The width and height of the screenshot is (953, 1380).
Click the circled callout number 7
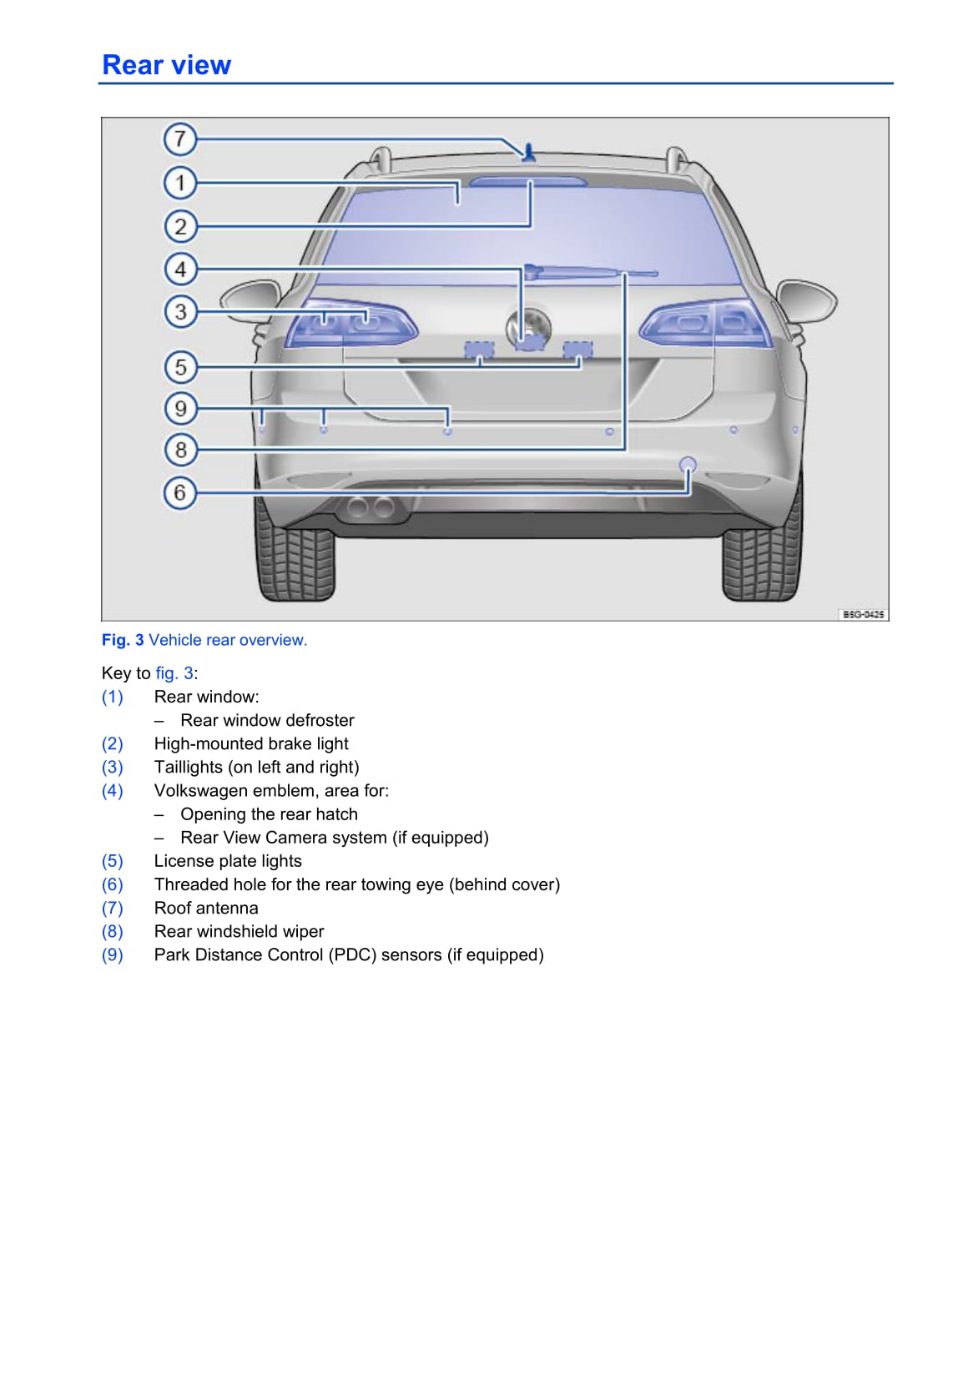[179, 139]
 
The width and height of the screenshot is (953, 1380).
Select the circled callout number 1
[179, 183]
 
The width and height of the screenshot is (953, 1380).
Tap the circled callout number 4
[179, 269]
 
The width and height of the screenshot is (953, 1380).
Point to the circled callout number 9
[179, 408]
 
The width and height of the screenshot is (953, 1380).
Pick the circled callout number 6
[179, 492]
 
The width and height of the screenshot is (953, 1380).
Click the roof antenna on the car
[527, 152]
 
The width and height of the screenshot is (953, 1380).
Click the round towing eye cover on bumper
[688, 465]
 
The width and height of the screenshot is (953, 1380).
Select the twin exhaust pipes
[370, 506]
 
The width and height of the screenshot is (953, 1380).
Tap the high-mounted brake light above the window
[527, 180]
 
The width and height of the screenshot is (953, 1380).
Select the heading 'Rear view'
[166, 65]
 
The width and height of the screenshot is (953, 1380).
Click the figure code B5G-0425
[862, 614]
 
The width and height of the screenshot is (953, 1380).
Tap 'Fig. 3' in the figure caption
[123, 640]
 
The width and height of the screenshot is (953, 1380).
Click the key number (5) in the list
[113, 861]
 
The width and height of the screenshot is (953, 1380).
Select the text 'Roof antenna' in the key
[206, 908]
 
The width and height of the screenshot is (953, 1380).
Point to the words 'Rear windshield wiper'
[239, 931]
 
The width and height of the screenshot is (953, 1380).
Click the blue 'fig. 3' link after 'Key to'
[174, 673]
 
